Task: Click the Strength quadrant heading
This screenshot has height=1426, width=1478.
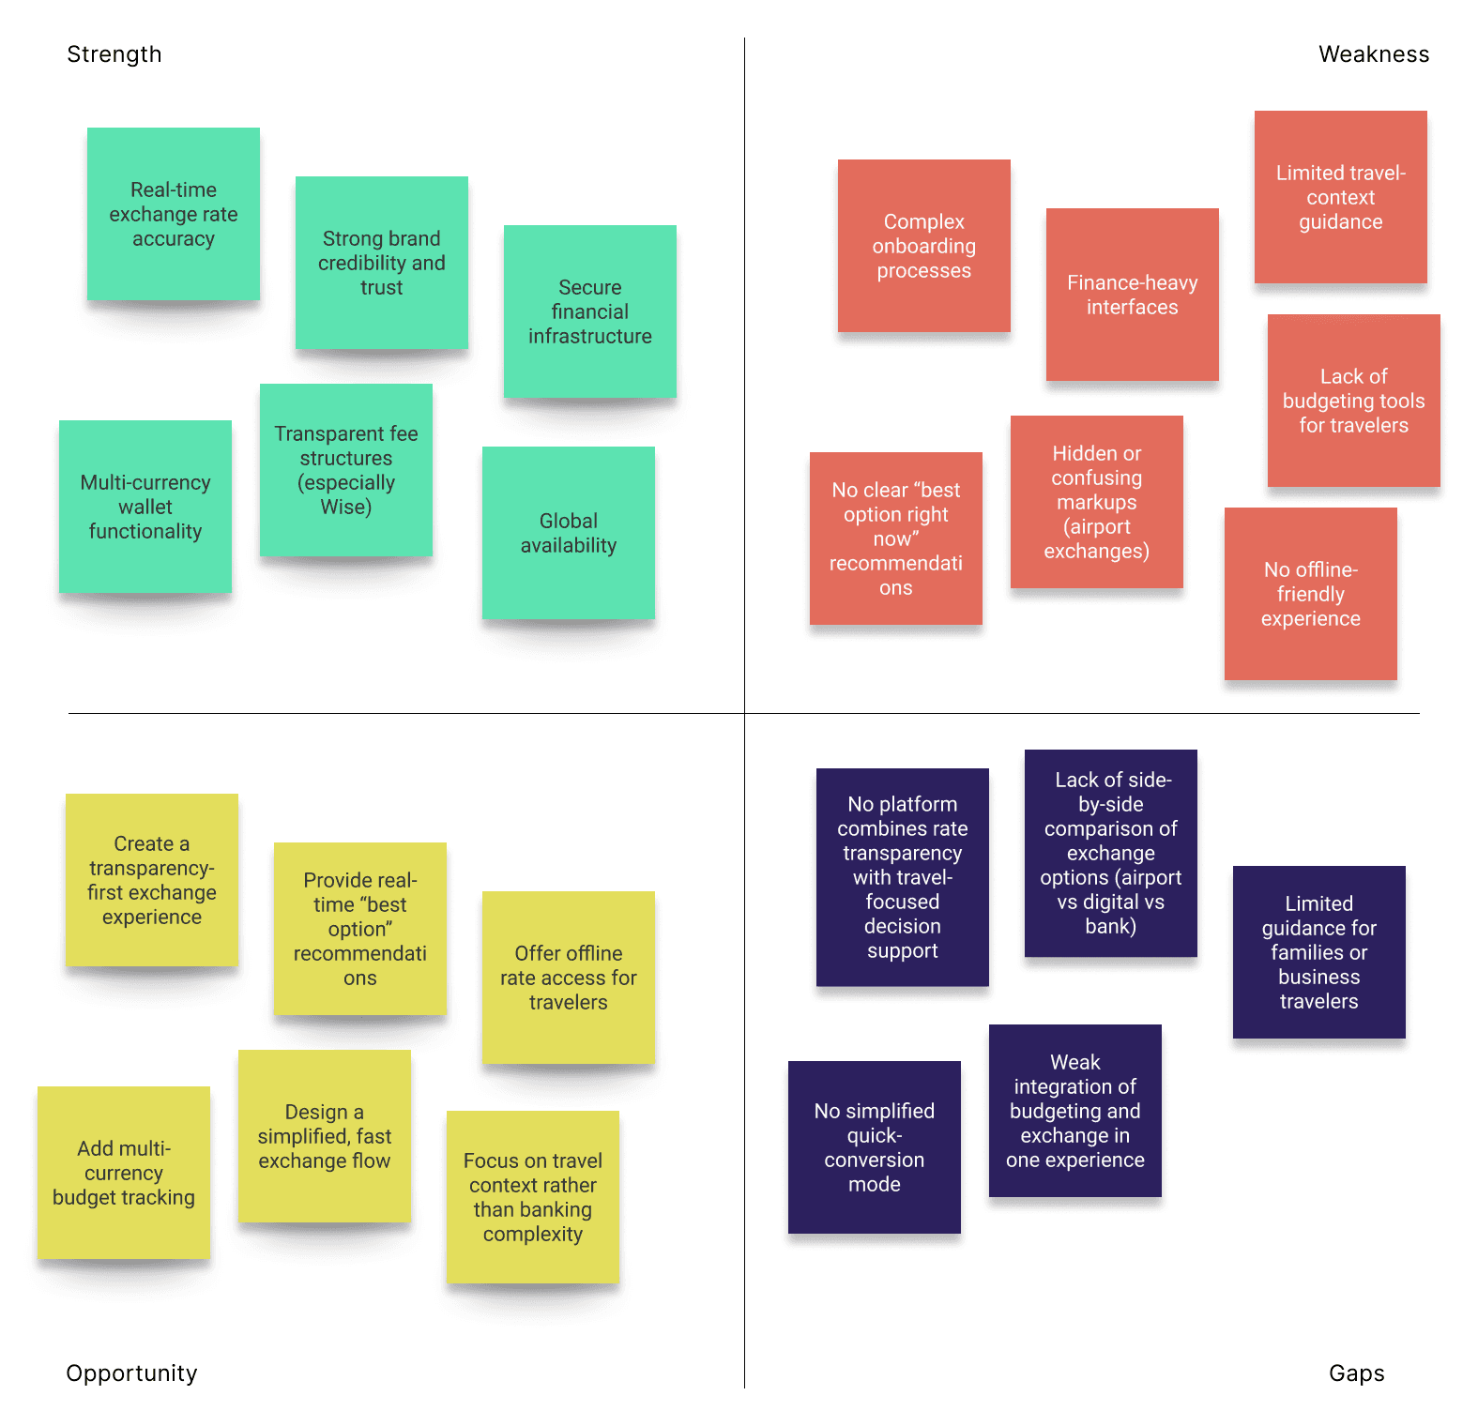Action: click(114, 54)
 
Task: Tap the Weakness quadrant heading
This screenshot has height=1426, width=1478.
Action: click(1373, 54)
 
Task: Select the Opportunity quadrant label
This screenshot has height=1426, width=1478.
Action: click(131, 1373)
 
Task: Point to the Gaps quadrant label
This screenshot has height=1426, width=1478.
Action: click(1356, 1373)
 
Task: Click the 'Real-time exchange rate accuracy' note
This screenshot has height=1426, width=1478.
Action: click(174, 214)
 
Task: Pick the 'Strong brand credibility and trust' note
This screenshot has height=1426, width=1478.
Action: click(382, 263)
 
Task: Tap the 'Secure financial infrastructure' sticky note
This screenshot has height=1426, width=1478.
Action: click(590, 311)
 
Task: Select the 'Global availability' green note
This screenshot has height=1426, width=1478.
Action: click(569, 533)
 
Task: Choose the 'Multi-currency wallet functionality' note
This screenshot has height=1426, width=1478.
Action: click(145, 507)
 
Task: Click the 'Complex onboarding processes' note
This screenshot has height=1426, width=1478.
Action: click(924, 246)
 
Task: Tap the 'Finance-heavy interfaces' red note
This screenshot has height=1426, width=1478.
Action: click(1133, 295)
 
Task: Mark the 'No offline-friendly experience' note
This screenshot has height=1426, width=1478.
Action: click(1311, 594)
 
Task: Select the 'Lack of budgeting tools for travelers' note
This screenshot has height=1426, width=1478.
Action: click(1354, 401)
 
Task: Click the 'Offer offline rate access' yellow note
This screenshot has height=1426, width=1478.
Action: click(569, 978)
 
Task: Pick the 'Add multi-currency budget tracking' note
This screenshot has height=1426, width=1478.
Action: click(124, 1173)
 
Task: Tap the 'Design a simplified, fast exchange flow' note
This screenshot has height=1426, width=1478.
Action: click(325, 1136)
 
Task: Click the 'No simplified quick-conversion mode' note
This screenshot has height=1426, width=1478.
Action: click(875, 1147)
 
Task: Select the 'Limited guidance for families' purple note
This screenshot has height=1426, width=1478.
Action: click(1319, 952)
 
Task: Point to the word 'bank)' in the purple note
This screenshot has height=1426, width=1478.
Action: click(1111, 927)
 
